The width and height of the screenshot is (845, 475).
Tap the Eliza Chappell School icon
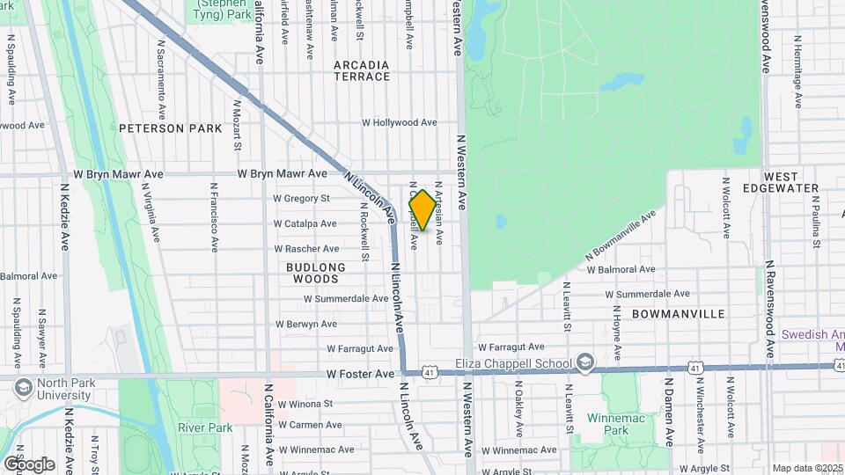pyautogui.click(x=584, y=363)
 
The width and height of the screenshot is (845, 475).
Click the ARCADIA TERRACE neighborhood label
pyautogui.click(x=362, y=70)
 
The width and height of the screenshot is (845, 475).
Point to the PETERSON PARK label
pyautogui.click(x=170, y=128)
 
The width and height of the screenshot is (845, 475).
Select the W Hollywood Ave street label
pyautogui.click(x=400, y=123)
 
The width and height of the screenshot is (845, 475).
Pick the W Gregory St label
pyautogui.click(x=300, y=199)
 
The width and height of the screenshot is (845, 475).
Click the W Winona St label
pyautogui.click(x=305, y=405)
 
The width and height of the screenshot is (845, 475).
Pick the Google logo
pyautogui.click(x=29, y=464)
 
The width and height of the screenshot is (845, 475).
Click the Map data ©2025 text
pyautogui.click(x=807, y=468)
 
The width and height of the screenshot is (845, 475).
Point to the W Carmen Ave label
pyautogui.click(x=309, y=425)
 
